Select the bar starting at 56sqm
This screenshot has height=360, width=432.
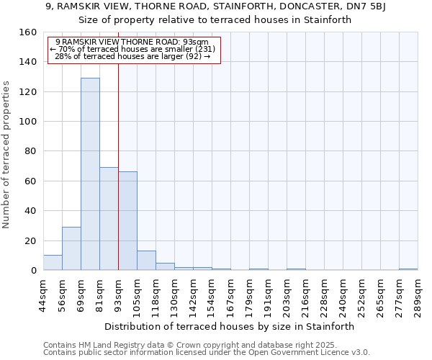click(x=71, y=248)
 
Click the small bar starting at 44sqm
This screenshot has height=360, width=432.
click(x=53, y=263)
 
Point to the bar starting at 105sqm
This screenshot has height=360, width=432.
click(x=146, y=261)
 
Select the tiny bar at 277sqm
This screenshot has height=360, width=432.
click(x=408, y=269)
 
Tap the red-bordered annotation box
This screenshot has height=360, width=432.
click(x=134, y=49)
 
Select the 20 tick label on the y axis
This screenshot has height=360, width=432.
click(x=32, y=241)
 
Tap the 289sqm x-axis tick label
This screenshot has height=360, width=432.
click(x=418, y=293)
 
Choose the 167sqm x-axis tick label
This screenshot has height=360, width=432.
click(x=231, y=293)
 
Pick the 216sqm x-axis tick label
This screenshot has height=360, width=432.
click(x=306, y=293)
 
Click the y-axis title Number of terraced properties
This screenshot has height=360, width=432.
click(x=6, y=155)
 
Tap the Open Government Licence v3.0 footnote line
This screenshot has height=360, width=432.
click(x=207, y=352)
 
